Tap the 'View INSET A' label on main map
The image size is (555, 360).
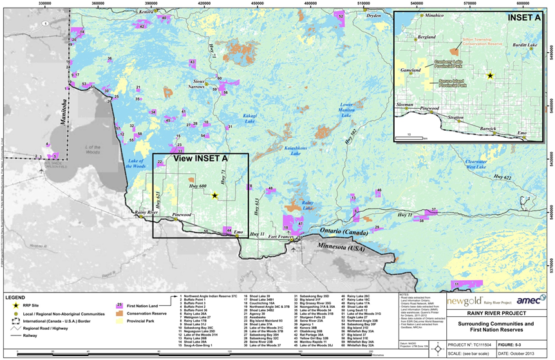(201, 157)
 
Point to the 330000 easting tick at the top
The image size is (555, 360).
(46, 3)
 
